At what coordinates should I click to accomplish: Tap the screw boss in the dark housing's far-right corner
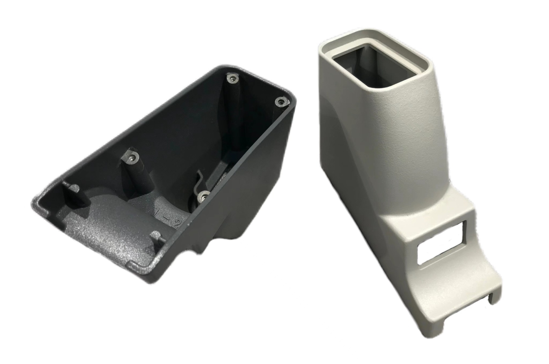pos(281,102)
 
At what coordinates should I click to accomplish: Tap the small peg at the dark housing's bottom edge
pos(156,236)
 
